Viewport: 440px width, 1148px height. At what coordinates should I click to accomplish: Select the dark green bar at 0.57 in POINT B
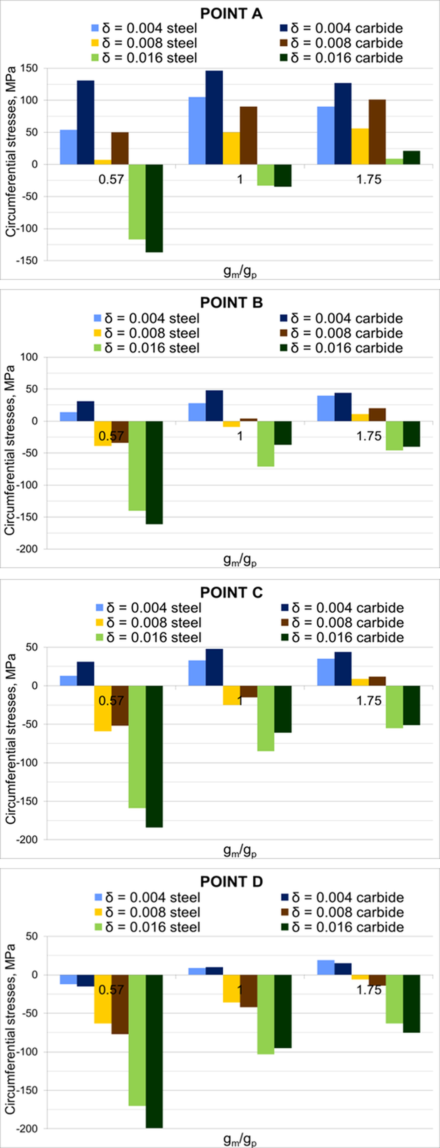point(154,472)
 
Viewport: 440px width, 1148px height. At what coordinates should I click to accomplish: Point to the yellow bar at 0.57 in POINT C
point(103,709)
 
